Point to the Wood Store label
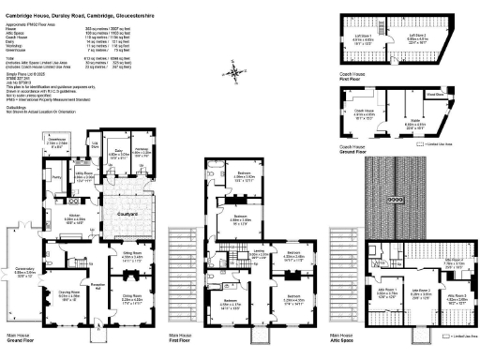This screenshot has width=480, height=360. pos(434,94)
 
